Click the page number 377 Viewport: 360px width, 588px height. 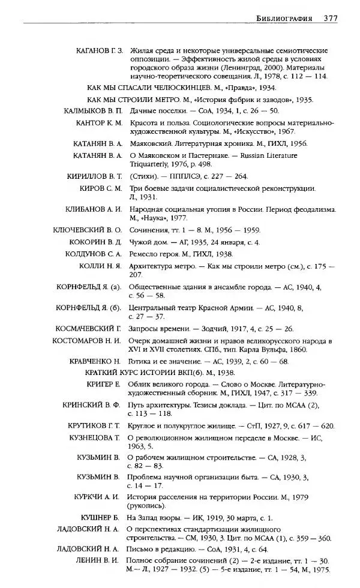(330, 19)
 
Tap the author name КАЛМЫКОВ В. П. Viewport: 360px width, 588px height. (93, 111)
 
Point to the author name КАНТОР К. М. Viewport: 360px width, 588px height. (98, 122)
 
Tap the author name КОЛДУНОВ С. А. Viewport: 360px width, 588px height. (93, 254)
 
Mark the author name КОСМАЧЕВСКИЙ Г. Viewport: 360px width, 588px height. (88, 329)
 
